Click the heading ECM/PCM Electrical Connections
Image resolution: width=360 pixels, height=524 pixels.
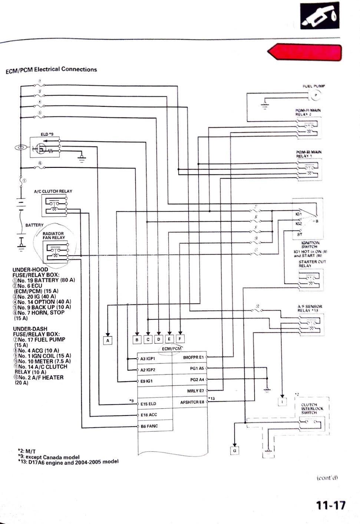[x=51, y=70]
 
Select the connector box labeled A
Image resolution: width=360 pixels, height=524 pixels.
[x=108, y=339]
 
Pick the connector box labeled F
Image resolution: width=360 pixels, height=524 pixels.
[x=180, y=338]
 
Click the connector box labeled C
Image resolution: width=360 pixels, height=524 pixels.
[x=148, y=339]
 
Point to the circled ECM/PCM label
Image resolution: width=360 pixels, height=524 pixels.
[x=172, y=348]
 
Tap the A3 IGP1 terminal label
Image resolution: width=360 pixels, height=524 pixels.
[x=148, y=358]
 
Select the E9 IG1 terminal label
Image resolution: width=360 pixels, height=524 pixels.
[x=147, y=381]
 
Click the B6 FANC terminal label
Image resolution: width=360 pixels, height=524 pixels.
[x=149, y=426]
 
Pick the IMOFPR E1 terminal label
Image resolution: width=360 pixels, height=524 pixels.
[x=193, y=357]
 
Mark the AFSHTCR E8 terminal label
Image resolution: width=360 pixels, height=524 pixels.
[x=192, y=402]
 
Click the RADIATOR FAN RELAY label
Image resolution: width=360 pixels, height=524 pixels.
[x=53, y=235]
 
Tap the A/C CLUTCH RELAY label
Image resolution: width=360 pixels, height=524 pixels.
[x=53, y=191]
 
